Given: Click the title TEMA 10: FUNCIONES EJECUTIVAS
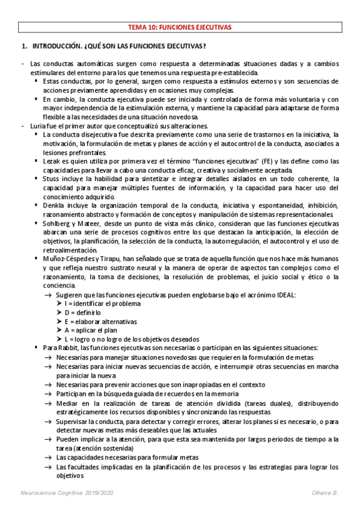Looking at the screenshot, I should click(x=180, y=27).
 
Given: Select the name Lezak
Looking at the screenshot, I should click(x=52, y=161).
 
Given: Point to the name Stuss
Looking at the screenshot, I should click(x=52, y=179).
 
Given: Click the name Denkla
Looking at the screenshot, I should click(x=54, y=205).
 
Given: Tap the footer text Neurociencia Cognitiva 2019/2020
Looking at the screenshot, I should click(x=64, y=494).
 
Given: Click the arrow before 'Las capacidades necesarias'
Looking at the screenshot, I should click(x=47, y=457).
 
